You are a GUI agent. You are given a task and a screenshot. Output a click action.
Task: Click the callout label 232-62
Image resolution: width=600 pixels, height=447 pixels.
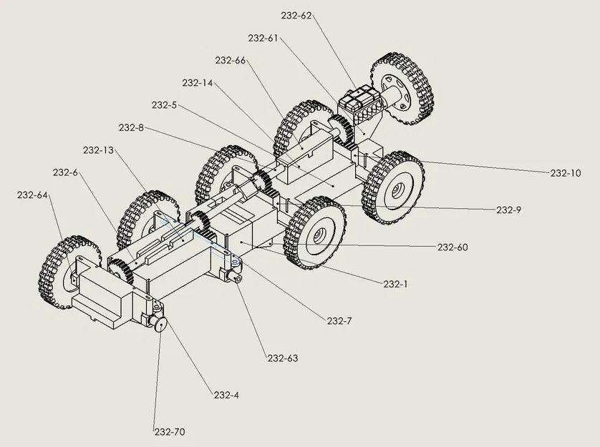click(x=296, y=15)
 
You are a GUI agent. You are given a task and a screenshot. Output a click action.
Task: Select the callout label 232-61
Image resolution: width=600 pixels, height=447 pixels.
click(x=263, y=38)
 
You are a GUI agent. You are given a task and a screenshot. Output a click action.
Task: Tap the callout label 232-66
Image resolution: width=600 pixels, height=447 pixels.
click(x=231, y=60)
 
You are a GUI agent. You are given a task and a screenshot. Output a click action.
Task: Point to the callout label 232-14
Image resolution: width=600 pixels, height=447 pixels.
click(x=198, y=83)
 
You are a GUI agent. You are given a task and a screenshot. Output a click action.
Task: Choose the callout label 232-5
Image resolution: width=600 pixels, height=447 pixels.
click(x=164, y=105)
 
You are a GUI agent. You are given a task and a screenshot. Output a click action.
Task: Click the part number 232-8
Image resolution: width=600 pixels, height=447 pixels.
click(x=132, y=128)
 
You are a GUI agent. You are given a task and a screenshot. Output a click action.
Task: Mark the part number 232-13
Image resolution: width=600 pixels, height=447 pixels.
click(x=99, y=150)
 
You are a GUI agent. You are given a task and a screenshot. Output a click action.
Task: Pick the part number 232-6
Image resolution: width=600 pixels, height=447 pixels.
click(x=65, y=172)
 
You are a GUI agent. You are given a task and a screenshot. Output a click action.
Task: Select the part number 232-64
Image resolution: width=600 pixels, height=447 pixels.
click(x=32, y=195)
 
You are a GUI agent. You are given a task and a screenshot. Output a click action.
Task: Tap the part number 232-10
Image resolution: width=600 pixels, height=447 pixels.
click(x=566, y=173)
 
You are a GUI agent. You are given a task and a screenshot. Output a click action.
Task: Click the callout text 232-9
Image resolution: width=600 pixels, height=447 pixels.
click(x=509, y=210)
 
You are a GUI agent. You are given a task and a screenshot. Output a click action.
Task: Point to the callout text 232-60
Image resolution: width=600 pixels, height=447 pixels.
click(x=453, y=247)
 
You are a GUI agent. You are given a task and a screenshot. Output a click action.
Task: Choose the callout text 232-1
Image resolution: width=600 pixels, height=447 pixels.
click(x=395, y=284)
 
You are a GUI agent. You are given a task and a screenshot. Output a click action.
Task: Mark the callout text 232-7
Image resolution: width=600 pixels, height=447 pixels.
click(x=339, y=321)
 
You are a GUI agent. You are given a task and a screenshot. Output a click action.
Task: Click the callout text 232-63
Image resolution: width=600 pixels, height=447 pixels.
click(x=283, y=358)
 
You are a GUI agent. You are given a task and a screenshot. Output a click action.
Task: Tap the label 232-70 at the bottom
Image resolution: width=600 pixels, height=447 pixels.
click(x=170, y=432)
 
